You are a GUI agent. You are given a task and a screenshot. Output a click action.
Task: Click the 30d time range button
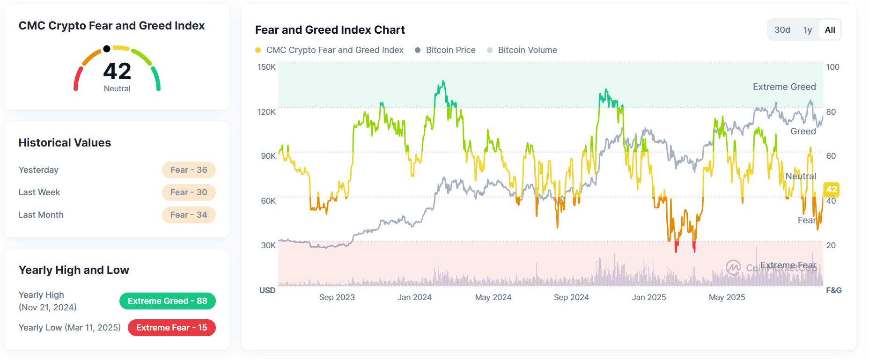(x=782, y=30)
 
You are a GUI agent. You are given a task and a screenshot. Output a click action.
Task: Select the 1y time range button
(x=808, y=30)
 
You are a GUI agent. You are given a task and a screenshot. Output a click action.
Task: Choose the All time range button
(x=830, y=30)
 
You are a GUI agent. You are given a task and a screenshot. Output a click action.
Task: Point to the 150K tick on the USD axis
(x=266, y=67)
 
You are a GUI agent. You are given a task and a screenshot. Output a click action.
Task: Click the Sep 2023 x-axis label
(x=337, y=297)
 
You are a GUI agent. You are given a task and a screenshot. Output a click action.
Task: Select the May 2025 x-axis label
(x=727, y=297)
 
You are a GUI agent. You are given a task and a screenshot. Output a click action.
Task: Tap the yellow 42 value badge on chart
(x=831, y=190)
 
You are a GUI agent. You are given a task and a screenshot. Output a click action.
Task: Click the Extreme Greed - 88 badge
(x=168, y=301)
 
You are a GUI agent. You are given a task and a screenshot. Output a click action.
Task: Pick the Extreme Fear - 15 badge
(x=171, y=328)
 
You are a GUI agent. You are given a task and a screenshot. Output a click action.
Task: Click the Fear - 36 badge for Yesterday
(x=189, y=170)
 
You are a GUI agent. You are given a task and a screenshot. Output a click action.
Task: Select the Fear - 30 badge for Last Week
(x=189, y=192)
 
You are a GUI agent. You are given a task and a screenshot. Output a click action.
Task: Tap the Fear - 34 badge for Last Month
(x=189, y=215)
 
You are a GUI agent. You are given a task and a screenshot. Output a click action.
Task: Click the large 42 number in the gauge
(x=117, y=72)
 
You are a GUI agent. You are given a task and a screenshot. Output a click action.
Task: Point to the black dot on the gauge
(x=107, y=49)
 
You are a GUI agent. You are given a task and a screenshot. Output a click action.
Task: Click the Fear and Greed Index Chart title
(x=330, y=30)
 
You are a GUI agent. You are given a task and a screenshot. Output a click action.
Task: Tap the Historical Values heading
(x=65, y=143)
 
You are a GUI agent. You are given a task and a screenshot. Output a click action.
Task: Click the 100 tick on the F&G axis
(x=832, y=67)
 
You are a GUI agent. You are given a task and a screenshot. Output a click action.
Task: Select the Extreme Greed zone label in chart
(x=784, y=87)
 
